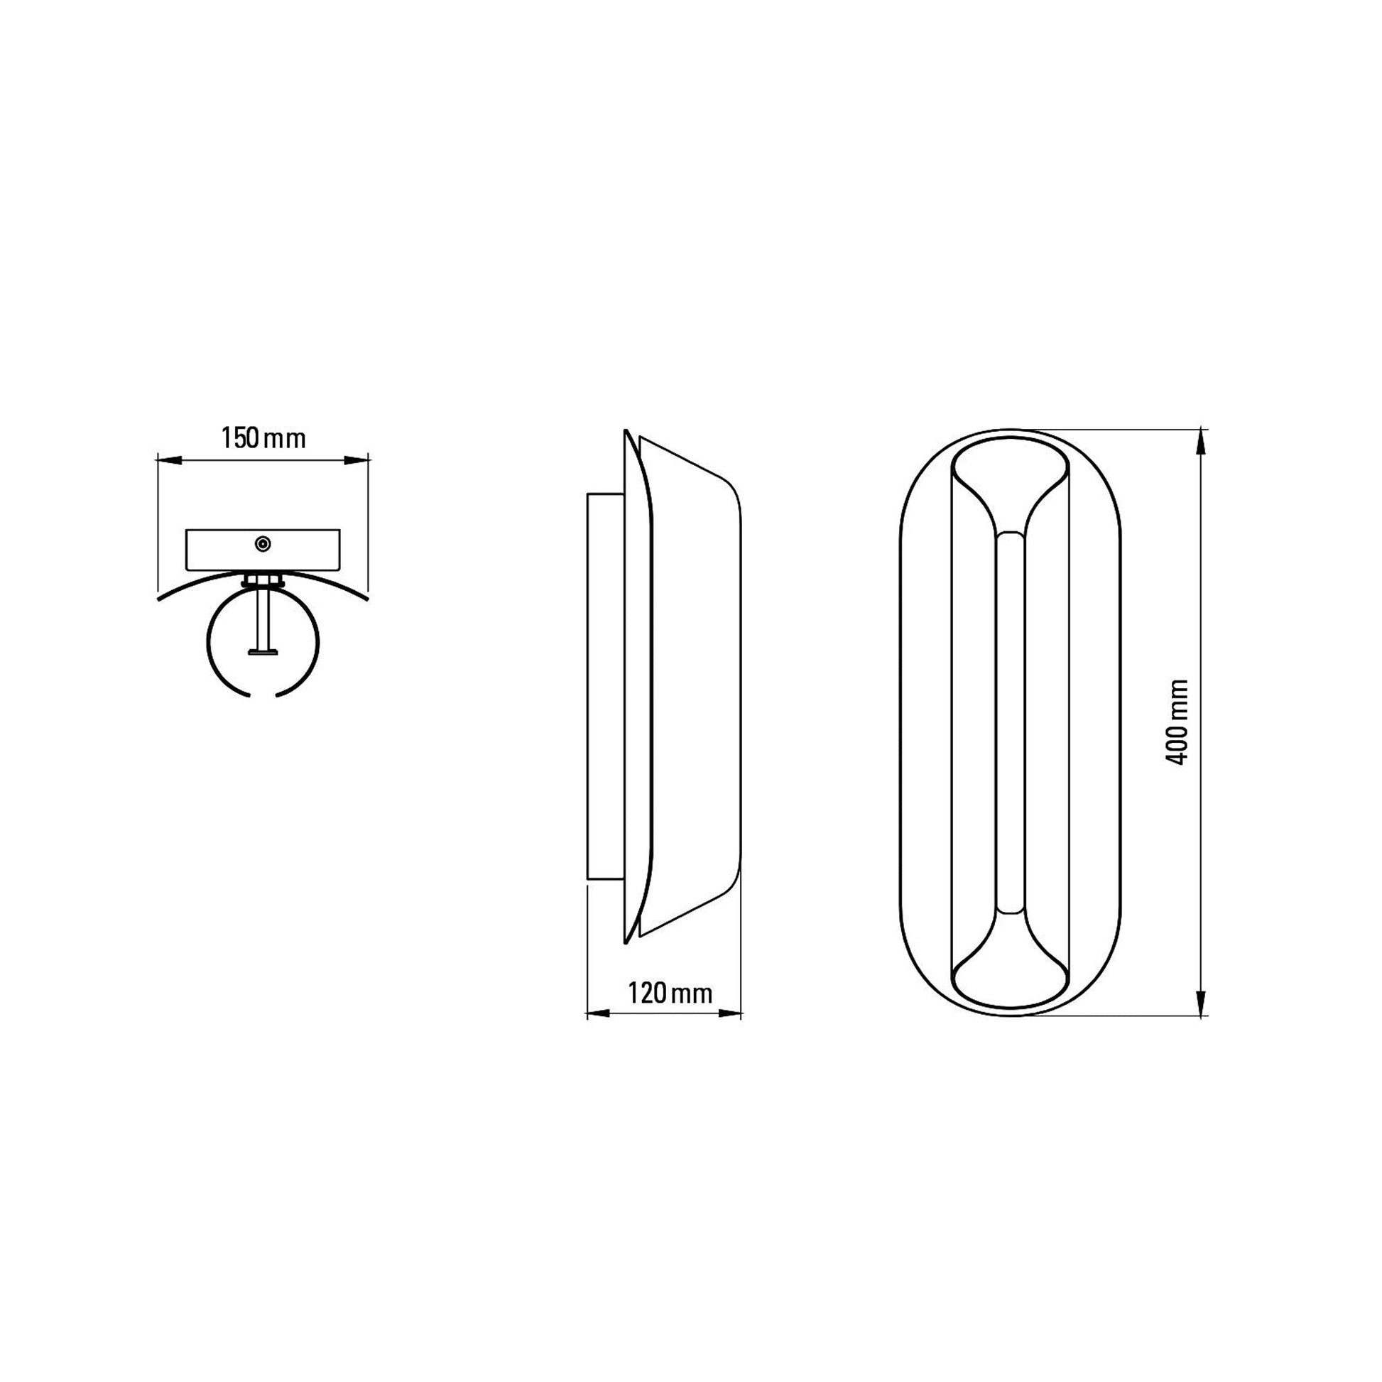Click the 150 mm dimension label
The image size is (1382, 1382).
263,438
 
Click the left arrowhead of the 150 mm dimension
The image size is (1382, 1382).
169,461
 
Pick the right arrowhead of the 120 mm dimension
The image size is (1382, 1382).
728,1013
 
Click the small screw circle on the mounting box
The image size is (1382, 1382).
263,545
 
